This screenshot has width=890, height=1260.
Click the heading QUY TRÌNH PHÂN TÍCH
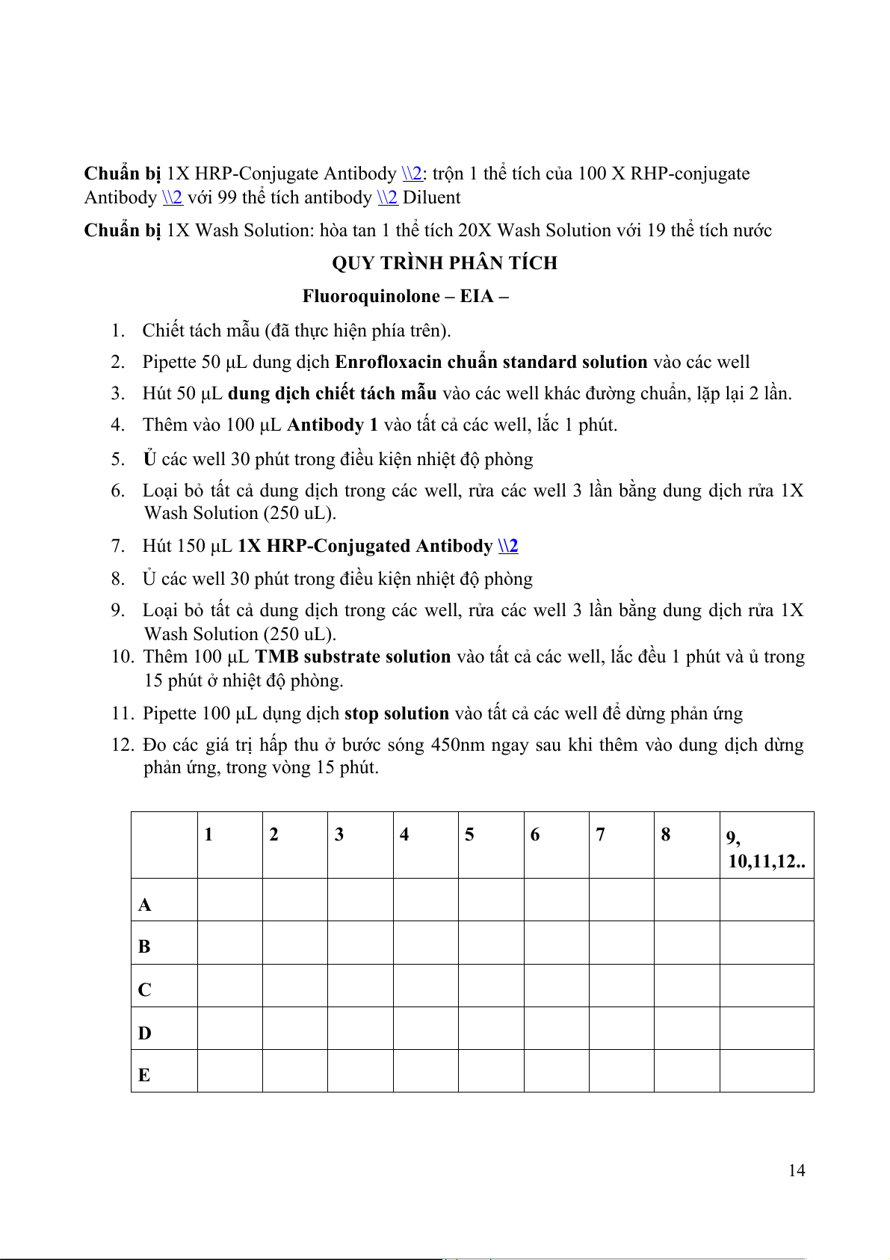click(x=445, y=263)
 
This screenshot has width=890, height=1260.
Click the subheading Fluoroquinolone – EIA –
click(x=405, y=296)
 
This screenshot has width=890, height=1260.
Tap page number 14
click(x=797, y=1170)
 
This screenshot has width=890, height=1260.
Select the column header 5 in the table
click(x=469, y=835)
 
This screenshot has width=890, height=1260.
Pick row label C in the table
click(x=145, y=989)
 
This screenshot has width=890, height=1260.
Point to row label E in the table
click(x=144, y=1075)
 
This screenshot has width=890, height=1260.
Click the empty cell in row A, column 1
click(x=229, y=900)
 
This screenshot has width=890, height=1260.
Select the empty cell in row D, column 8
click(x=686, y=1028)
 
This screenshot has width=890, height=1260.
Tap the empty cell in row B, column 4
click(x=425, y=942)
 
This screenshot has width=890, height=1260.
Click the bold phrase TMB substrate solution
click(x=353, y=657)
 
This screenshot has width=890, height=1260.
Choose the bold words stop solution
click(x=396, y=713)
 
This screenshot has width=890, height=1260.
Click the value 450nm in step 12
click(x=456, y=745)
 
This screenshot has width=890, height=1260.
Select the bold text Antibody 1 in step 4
click(x=333, y=425)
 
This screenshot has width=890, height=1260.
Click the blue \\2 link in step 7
click(x=508, y=546)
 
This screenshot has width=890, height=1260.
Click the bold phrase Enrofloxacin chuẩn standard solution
click(x=491, y=362)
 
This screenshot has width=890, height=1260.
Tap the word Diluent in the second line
click(x=432, y=197)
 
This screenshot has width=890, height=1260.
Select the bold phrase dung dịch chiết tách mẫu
click(x=332, y=393)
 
